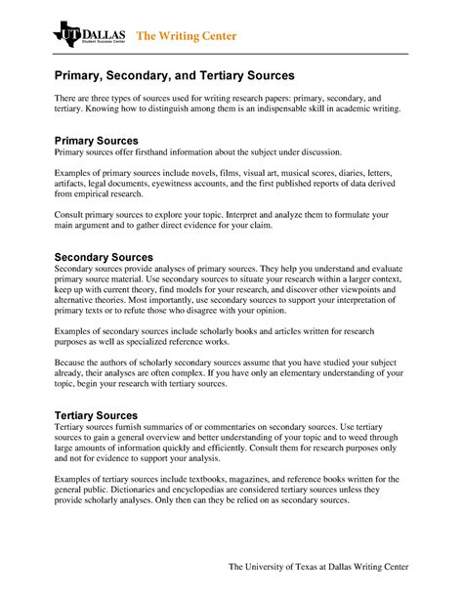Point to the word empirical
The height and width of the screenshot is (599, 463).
point(100,194)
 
